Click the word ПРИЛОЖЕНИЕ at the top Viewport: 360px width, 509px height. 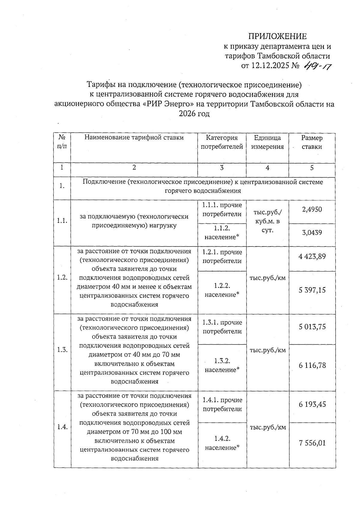click(277, 36)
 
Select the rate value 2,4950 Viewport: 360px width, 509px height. click(312, 209)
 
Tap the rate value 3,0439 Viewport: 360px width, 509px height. click(312, 232)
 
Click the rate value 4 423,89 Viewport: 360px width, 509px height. click(312, 256)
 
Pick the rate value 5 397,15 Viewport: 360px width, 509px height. click(312, 290)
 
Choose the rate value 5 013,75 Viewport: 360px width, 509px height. click(312, 327)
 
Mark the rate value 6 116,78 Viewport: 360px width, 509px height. click(312, 365)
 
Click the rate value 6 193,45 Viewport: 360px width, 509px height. click(312, 404)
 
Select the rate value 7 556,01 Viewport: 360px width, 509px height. click(312, 443)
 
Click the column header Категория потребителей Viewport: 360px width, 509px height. click(222, 142)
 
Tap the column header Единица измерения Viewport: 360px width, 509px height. click(267, 142)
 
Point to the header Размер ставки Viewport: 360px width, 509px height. click(312, 142)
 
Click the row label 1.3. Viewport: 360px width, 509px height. click(62, 350)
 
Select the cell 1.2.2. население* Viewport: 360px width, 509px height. click(222, 290)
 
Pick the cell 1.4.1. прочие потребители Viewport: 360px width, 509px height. click(222, 404)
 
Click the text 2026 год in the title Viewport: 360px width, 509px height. click(194, 114)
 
